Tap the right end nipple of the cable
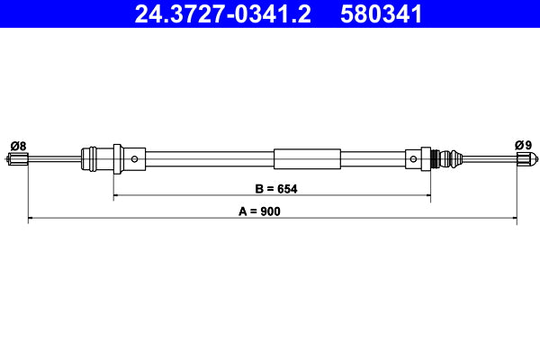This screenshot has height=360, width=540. coord(523,160)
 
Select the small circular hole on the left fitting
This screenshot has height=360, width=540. coord(134,160)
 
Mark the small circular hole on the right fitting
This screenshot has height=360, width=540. coord(413,160)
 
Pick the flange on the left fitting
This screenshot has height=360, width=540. coord(115,160)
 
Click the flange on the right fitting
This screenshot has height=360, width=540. coord(428,160)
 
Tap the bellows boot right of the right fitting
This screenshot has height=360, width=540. coord(456,160)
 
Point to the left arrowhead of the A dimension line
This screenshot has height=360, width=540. coord(31,218)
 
